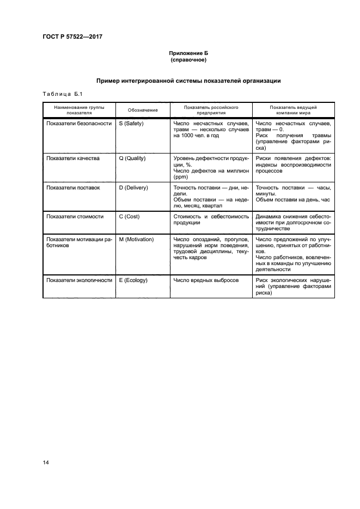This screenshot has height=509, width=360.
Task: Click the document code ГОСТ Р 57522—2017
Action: click(72, 36)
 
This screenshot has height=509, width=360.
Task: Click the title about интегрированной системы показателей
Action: click(188, 81)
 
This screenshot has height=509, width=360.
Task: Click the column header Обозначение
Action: click(143, 111)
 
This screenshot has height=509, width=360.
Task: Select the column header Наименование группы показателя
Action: click(80, 111)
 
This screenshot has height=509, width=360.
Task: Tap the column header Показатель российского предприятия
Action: click(211, 111)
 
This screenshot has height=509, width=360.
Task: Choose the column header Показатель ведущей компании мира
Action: click(293, 111)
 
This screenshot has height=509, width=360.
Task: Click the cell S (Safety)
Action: click(131, 124)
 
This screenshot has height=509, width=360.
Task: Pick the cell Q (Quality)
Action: click(132, 158)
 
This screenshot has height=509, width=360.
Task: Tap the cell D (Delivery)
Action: click(133, 187)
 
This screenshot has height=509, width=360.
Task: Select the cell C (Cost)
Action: click(130, 216)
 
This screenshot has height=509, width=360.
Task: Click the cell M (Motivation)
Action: click(136, 239)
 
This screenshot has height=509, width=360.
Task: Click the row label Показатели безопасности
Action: click(79, 124)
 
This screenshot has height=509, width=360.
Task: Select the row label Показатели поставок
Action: click(74, 187)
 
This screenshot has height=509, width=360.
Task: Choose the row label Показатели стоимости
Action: click(75, 216)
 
